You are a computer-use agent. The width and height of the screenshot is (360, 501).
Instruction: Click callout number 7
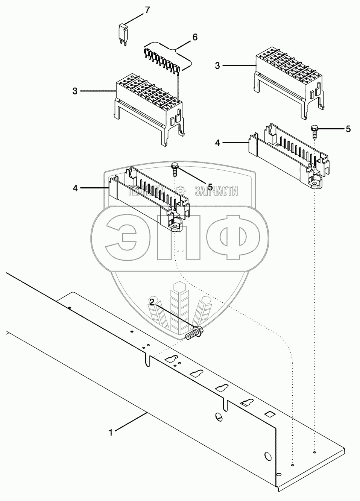(x=147, y=10)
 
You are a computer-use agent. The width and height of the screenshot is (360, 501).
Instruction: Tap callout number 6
(x=194, y=37)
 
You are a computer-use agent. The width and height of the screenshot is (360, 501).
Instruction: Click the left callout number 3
(x=75, y=91)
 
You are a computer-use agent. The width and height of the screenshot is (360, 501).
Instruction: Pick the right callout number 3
(x=217, y=66)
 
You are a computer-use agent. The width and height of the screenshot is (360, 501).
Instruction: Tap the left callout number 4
(x=75, y=188)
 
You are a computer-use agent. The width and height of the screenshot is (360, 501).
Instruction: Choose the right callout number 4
(x=217, y=143)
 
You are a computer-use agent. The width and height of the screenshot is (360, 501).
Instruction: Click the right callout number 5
(x=348, y=129)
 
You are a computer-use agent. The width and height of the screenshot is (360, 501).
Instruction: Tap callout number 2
(x=152, y=302)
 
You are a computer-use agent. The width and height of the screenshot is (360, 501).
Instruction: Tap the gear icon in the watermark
(x=181, y=190)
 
